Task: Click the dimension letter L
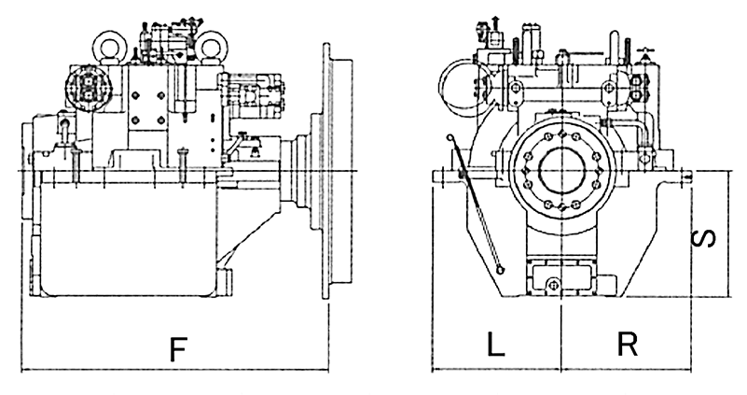point(495,346)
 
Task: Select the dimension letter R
point(627,346)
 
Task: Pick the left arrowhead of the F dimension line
point(23,369)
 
